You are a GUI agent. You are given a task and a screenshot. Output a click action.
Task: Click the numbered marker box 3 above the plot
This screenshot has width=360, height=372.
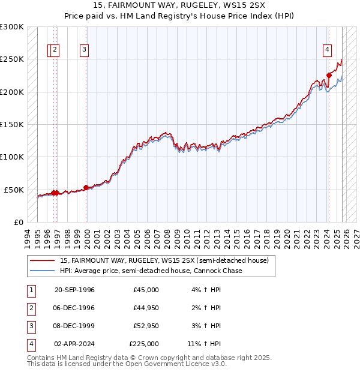84,50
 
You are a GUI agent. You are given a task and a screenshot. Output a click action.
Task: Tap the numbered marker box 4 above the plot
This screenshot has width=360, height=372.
328,50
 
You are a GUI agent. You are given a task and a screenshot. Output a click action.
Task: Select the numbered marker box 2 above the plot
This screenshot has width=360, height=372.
55,50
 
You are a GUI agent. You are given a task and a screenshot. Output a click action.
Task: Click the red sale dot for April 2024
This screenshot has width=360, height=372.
329,76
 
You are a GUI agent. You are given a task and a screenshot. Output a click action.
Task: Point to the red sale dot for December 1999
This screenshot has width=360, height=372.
86,187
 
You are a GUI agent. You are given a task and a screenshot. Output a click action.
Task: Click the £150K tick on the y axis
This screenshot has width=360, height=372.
12,124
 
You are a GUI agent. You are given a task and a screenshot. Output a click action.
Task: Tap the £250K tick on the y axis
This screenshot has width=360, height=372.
12,59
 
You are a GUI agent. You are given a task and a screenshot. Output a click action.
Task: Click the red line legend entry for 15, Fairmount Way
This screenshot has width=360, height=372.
167,260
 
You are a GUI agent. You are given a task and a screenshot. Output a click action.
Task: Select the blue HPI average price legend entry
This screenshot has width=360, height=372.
151,271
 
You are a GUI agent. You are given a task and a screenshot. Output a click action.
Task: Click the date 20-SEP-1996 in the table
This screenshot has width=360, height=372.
74,290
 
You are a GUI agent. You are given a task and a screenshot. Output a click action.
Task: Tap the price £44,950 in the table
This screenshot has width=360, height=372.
144,308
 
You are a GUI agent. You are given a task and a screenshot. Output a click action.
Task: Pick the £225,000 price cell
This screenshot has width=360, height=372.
144,344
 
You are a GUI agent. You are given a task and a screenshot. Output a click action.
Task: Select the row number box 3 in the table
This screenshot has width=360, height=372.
30,326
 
